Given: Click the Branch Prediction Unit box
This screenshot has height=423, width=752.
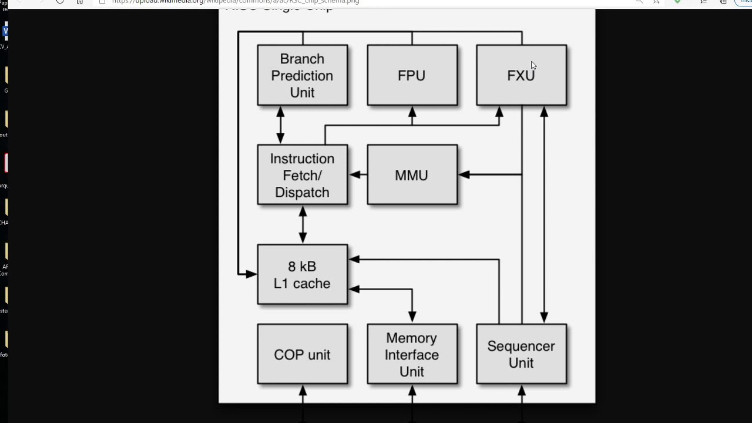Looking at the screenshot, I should (x=302, y=75).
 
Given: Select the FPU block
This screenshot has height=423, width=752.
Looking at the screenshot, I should (x=412, y=75).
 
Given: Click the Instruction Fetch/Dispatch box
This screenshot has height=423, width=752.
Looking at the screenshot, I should (x=302, y=175).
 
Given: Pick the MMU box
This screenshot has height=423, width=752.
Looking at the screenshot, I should (x=412, y=175).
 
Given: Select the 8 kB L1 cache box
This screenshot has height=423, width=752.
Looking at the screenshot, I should (x=302, y=274).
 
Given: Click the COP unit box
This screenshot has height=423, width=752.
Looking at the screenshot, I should (x=302, y=354).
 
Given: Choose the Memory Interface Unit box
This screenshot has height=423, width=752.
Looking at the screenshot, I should (x=412, y=354).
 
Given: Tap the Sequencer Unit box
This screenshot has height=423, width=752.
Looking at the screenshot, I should (x=521, y=354).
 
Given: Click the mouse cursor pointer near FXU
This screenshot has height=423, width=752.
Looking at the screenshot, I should (x=533, y=65).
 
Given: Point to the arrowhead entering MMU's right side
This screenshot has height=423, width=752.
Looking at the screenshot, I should (x=464, y=174).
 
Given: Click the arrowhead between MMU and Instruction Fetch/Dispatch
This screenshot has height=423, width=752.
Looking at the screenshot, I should (x=355, y=174).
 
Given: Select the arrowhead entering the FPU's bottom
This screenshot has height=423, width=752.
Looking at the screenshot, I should (x=412, y=112).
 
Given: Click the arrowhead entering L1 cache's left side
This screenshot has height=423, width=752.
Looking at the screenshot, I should (x=251, y=274).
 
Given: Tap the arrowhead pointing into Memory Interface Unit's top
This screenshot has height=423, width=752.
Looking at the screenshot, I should (x=412, y=317).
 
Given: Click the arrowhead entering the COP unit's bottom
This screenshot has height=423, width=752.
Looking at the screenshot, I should (x=303, y=391).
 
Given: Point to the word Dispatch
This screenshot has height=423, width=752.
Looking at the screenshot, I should (x=302, y=192).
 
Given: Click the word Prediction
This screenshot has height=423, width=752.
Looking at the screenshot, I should (x=302, y=76).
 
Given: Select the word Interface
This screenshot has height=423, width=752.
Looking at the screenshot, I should (x=412, y=355).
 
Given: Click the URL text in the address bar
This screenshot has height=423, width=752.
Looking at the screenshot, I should (x=235, y=2).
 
